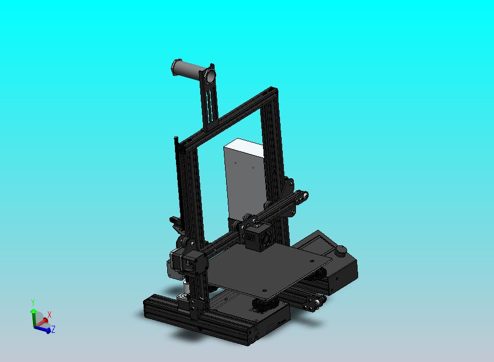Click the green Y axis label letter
click(33, 303)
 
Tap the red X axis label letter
click(50, 315)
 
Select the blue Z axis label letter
click(53, 330)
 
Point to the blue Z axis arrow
click(45, 330)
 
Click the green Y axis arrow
click(34, 315)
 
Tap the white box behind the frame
click(242, 176)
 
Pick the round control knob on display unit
click(341, 251)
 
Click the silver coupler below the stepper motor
click(186, 287)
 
